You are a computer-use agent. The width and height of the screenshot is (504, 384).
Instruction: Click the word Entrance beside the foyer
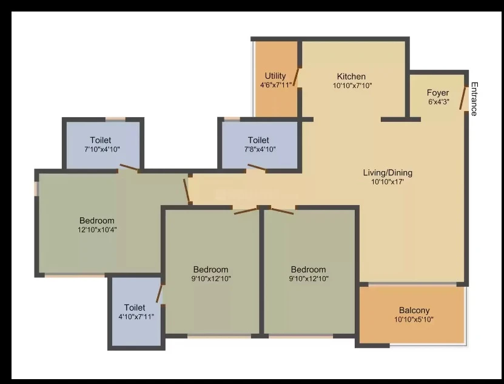point(474,99)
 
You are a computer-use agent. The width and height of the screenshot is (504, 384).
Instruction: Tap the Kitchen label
point(351,76)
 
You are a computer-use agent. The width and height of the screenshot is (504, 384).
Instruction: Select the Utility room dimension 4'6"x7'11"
point(275,85)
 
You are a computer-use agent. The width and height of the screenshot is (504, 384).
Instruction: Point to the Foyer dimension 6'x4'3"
point(438,102)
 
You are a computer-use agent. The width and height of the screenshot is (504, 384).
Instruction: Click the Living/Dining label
point(388,173)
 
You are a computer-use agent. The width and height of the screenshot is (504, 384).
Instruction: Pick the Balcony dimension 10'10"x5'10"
point(414,319)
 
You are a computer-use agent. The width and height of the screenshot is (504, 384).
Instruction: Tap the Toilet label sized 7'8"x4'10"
point(258,140)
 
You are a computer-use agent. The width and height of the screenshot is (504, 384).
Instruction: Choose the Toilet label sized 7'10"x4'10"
point(101,140)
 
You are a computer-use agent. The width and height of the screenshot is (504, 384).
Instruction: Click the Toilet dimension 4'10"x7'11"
point(136,317)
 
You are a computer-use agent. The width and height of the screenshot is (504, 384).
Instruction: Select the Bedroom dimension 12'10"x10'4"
point(97,230)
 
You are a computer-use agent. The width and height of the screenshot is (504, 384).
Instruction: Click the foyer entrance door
point(463,98)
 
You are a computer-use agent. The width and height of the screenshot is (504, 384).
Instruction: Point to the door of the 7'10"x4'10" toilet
point(129,167)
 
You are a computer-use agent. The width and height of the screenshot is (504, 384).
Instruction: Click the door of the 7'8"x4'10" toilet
point(257,167)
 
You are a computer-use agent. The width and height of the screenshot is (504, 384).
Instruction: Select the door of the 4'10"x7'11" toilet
point(160,293)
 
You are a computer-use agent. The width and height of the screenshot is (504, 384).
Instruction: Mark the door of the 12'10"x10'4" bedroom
point(187,190)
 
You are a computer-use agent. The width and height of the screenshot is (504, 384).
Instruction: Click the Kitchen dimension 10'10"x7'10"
point(352,86)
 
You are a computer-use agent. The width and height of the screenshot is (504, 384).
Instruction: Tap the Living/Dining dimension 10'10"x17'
point(388,182)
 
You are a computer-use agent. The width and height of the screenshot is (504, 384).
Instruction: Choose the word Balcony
point(414,311)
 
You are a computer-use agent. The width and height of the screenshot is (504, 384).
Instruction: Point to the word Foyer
point(438,93)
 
